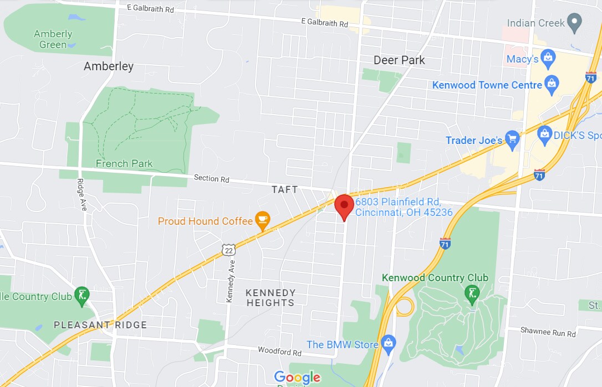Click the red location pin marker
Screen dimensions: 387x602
pos(344,206)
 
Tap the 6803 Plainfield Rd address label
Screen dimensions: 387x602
pos(404,207)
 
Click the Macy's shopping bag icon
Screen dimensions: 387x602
pos(548,59)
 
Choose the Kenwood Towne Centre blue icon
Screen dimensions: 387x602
pos(552,85)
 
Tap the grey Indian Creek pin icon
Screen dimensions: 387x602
pos(575,23)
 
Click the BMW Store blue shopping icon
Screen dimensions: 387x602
pos(389,344)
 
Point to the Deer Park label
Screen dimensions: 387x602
pos(399,60)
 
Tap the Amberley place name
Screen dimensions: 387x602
pos(109,66)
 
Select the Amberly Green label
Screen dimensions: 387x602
pos(53,39)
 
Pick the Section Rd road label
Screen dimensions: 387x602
pos(211,179)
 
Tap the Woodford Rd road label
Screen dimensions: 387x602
pos(279,352)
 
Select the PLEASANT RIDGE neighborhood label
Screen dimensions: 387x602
pos(100,325)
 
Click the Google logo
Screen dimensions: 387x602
pos(297,378)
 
